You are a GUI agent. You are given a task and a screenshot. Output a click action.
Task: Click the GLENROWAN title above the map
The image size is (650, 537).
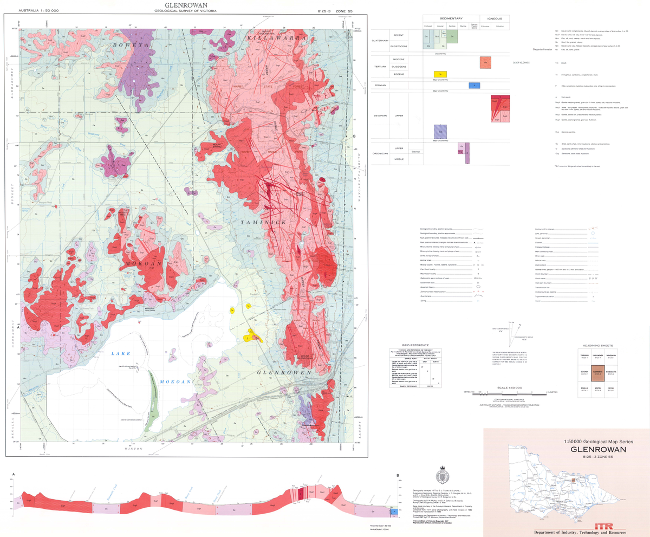pyautogui.click(x=185, y=5)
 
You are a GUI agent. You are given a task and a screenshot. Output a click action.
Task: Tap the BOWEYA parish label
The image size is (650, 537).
pyautogui.click(x=130, y=46)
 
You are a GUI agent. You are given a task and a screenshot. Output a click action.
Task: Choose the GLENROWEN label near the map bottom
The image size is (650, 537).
pyautogui.click(x=277, y=373)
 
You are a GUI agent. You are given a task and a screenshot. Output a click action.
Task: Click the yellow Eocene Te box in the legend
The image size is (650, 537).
pyautogui.click(x=440, y=74)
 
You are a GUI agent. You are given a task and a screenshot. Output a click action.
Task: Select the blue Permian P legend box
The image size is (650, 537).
pyautogui.click(x=474, y=86)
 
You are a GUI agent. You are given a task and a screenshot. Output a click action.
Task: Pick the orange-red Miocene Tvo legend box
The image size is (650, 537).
pyautogui.click(x=485, y=62)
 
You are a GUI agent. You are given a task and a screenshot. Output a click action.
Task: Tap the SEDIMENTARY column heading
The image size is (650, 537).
pyautogui.click(x=451, y=18)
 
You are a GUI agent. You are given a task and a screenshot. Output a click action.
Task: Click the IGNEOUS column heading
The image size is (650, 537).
pyautogui.click(x=494, y=18)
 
